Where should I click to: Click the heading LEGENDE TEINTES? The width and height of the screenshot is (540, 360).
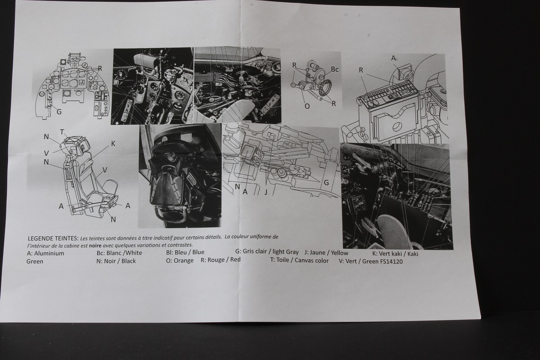[53, 238]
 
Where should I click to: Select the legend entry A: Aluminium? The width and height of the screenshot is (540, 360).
[45, 253]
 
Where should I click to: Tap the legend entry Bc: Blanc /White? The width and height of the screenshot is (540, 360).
[119, 253]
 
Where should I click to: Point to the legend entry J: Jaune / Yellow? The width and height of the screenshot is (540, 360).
[326, 253]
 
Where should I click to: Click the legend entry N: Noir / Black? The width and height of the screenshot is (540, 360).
[116, 261]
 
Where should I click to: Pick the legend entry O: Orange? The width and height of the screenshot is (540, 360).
[180, 261]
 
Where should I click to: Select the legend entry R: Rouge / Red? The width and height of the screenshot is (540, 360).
[220, 260]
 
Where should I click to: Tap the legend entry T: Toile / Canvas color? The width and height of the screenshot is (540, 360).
[299, 261]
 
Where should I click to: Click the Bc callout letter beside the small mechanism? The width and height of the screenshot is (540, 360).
[335, 69]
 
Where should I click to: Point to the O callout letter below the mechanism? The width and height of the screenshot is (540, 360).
[307, 106]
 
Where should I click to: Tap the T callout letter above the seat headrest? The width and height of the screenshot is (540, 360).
[62, 132]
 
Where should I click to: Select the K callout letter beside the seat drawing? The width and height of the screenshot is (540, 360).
[113, 144]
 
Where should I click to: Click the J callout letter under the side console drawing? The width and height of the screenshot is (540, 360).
[265, 192]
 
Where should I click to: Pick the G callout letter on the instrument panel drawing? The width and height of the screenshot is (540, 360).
[59, 112]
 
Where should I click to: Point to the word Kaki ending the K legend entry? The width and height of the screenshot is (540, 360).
[413, 254]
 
